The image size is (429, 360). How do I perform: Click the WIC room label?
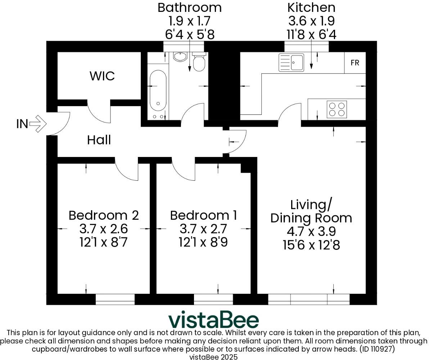102,76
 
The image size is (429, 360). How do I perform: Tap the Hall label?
99,140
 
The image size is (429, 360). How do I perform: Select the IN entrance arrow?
38,124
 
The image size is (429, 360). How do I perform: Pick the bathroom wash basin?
180,57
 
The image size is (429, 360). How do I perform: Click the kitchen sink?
291,63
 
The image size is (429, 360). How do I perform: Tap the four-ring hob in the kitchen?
337,109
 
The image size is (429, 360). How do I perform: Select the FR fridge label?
355,63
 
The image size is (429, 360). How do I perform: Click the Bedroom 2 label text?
104,215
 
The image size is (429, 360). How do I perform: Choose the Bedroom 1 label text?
203,215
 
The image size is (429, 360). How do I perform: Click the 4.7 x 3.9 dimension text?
311,231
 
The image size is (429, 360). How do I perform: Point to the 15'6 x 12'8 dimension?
311,245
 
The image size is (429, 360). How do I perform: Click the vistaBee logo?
214,320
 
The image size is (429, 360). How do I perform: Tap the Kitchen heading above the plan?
311,8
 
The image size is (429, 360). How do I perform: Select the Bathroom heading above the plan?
189,8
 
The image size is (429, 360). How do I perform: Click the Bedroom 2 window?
115,299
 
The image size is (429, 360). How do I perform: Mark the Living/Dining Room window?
309,299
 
